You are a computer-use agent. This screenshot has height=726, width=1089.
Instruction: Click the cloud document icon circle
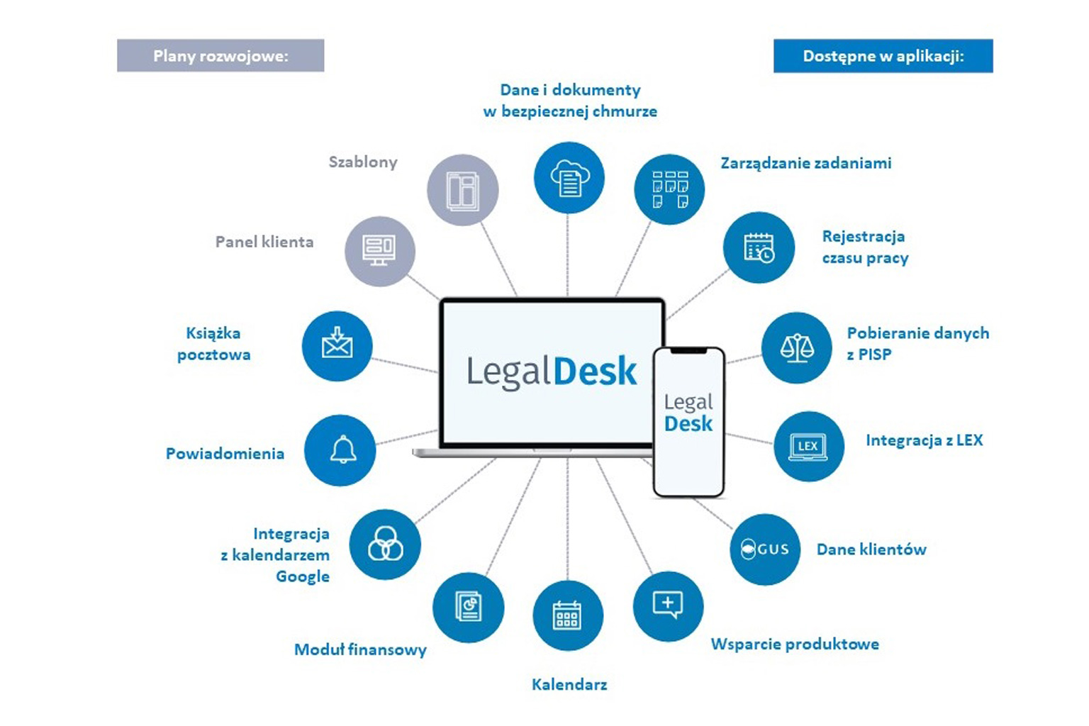pos(569,177)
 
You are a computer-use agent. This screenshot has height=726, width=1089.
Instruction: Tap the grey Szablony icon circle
pos(462,190)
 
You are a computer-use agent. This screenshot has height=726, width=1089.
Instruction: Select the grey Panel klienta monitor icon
pos(379,251)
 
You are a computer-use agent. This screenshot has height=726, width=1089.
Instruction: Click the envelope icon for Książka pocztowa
pos(337,345)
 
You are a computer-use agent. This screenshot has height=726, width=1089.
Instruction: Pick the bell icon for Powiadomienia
pos(340,450)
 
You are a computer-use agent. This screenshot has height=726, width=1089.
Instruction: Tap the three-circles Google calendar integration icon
pos(385,544)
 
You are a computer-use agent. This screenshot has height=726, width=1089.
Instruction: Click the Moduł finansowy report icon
pos(468,607)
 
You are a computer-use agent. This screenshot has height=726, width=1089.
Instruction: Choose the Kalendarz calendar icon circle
pos(567,615)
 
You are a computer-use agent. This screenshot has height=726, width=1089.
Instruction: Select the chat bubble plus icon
pos(668,605)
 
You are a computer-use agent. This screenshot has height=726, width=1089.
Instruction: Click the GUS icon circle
pos(765,549)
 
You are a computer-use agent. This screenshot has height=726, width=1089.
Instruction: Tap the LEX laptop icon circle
pos(808,446)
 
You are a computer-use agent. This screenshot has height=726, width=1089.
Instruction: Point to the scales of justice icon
pos(797,347)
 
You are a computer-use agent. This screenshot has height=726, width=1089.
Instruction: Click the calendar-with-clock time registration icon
pos(759,247)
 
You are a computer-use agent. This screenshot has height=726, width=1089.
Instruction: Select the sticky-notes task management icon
pos(669,189)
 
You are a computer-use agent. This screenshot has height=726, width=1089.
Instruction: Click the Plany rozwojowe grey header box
pos(220,56)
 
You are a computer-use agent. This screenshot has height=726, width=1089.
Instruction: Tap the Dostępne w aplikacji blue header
pos(883,56)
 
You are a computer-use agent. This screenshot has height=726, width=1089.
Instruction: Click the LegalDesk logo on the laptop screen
pos(552,372)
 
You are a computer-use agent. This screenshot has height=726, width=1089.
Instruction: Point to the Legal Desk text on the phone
pos(688,413)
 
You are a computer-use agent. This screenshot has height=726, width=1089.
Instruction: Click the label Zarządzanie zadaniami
pos(806,163)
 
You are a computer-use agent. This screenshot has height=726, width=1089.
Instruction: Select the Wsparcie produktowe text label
pos(795,644)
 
